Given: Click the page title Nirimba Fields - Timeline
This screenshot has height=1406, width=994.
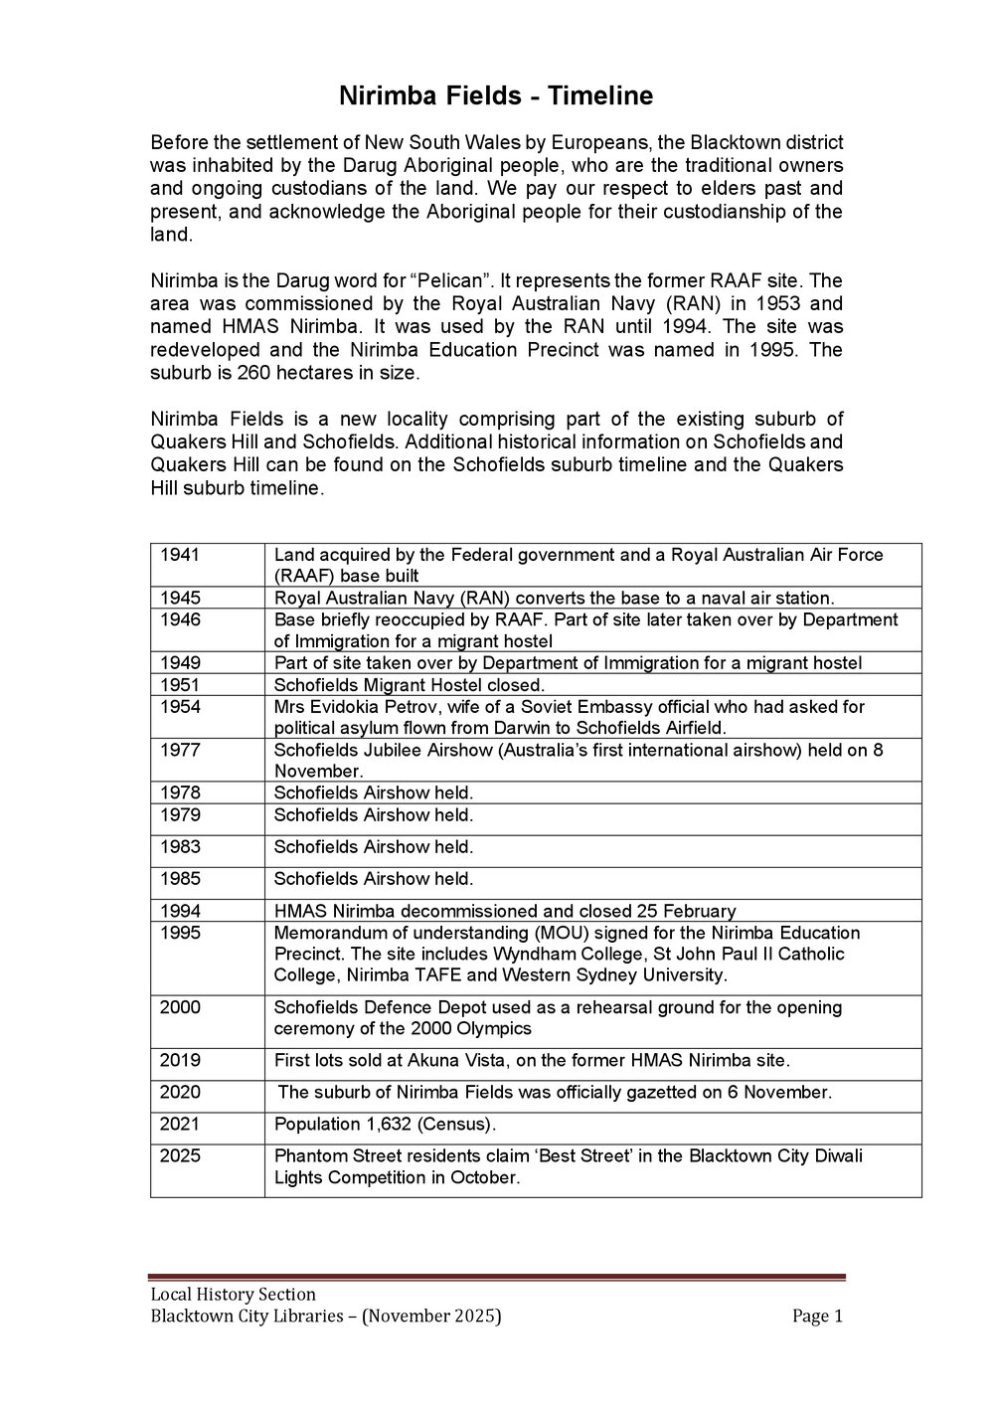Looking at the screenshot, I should [x=496, y=96].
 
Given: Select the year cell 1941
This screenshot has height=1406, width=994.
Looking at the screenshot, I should [x=180, y=555].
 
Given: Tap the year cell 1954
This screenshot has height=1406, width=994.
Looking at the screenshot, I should [x=180, y=707].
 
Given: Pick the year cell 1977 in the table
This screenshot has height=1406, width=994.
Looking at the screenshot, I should [x=180, y=751].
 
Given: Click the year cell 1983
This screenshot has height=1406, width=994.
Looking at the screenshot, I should [x=180, y=847].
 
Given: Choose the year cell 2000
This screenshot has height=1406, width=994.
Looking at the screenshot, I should [x=180, y=1007].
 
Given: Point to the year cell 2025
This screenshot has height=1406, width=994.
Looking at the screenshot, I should [x=180, y=1156].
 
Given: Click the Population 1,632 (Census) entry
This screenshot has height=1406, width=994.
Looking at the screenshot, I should [x=385, y=1125].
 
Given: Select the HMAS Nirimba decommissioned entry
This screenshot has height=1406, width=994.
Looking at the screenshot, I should [x=505, y=911].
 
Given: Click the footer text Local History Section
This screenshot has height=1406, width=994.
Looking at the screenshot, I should [x=233, y=1295].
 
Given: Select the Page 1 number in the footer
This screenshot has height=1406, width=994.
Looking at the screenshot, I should [x=817, y=1317].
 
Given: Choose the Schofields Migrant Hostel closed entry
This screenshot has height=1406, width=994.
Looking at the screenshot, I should [x=409, y=685].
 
